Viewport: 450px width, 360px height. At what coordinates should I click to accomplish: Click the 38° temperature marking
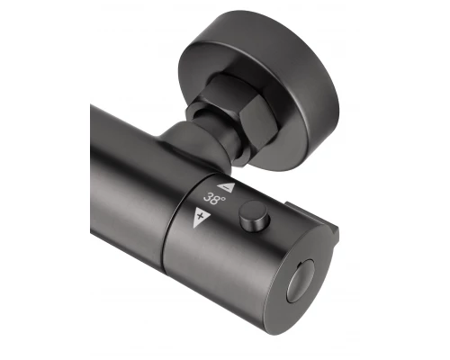(x=214, y=199)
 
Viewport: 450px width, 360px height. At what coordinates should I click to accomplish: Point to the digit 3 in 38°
(x=208, y=198)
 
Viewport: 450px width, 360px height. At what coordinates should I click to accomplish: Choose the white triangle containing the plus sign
(x=201, y=216)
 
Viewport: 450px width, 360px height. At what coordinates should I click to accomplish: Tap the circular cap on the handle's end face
(x=301, y=281)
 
